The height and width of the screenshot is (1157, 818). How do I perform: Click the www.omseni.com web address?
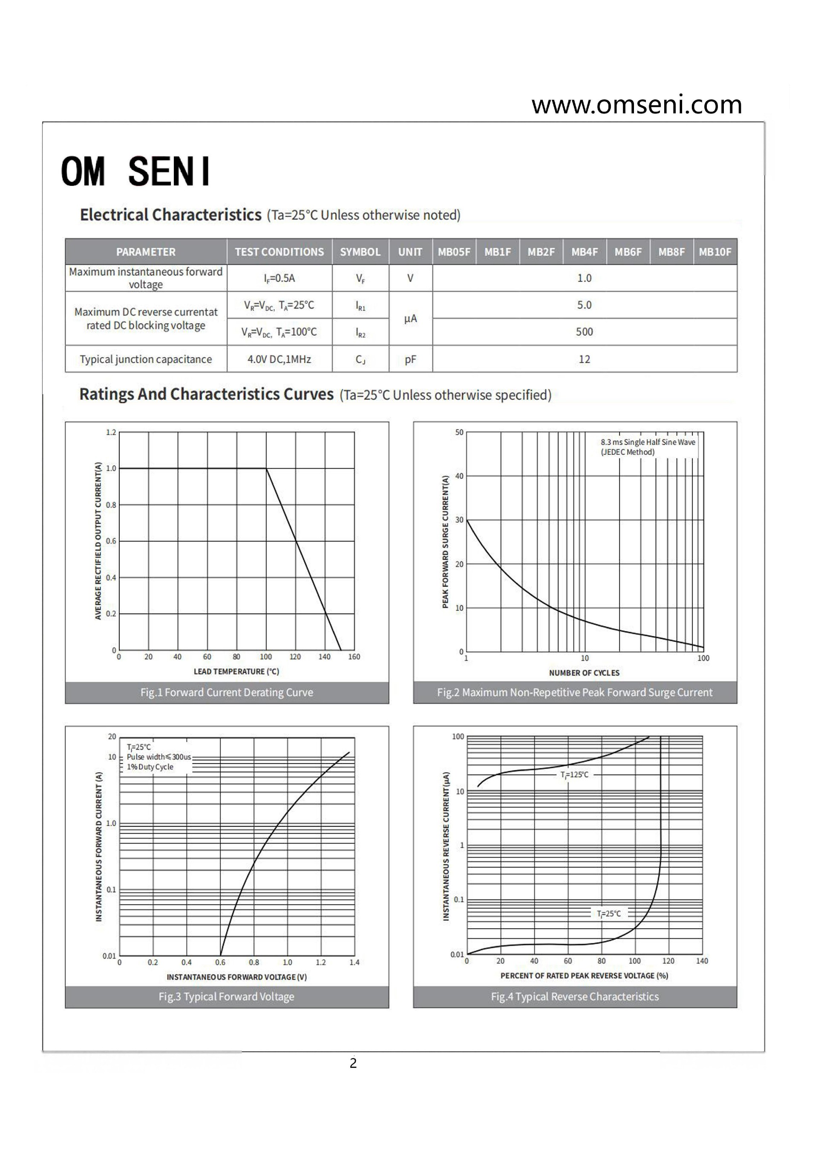click(x=636, y=105)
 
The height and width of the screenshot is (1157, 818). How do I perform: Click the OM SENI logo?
click(x=135, y=171)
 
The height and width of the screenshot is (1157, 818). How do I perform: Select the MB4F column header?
click(x=584, y=252)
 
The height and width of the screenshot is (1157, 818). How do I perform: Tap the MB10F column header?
click(x=715, y=252)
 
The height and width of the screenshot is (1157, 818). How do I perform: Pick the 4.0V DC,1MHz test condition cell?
click(x=279, y=359)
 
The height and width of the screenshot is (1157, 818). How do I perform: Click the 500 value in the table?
click(x=584, y=332)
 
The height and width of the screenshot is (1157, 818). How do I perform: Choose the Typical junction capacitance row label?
click(x=146, y=359)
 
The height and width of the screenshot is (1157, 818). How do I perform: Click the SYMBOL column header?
click(x=360, y=252)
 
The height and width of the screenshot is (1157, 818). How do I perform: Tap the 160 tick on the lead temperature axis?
click(x=354, y=657)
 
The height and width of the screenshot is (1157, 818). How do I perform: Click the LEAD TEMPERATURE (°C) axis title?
click(x=236, y=671)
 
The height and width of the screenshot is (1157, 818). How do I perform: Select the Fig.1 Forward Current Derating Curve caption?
click(x=227, y=692)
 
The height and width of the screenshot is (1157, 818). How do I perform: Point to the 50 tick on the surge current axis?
click(x=459, y=433)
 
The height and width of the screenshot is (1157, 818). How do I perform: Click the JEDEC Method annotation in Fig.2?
click(x=627, y=452)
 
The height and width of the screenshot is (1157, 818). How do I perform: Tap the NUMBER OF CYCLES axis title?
click(x=584, y=673)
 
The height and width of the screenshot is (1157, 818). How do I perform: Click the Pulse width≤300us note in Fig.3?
click(x=158, y=757)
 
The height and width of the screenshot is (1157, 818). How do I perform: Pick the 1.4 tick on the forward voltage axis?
click(x=354, y=963)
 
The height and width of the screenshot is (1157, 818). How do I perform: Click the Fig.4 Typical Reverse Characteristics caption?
click(x=575, y=996)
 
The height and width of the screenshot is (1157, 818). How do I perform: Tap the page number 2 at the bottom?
click(x=353, y=1063)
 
